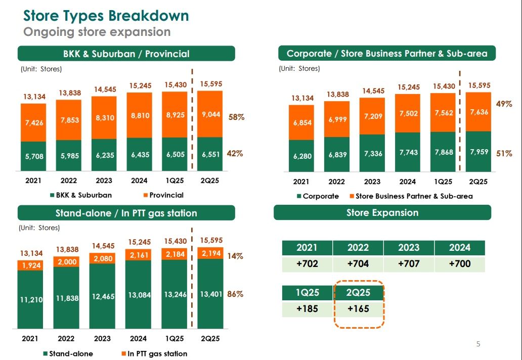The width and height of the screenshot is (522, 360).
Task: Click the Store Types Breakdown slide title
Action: (x=106, y=15)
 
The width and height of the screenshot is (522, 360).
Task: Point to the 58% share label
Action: (x=236, y=117)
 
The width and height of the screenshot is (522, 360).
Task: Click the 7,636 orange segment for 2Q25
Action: (x=478, y=112)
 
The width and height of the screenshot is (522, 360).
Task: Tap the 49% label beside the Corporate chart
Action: (x=504, y=104)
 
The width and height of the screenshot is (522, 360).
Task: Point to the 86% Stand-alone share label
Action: (x=235, y=294)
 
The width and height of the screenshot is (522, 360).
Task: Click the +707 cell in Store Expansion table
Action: (x=409, y=264)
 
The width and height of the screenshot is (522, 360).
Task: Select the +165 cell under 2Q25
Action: (x=358, y=308)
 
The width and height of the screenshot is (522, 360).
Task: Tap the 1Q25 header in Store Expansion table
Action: (x=307, y=292)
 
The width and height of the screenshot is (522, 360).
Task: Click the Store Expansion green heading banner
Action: (x=382, y=212)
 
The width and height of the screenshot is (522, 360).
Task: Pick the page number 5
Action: (x=478, y=344)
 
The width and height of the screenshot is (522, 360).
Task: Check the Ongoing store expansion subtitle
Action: (x=97, y=32)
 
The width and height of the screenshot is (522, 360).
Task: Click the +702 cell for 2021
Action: (x=307, y=264)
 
